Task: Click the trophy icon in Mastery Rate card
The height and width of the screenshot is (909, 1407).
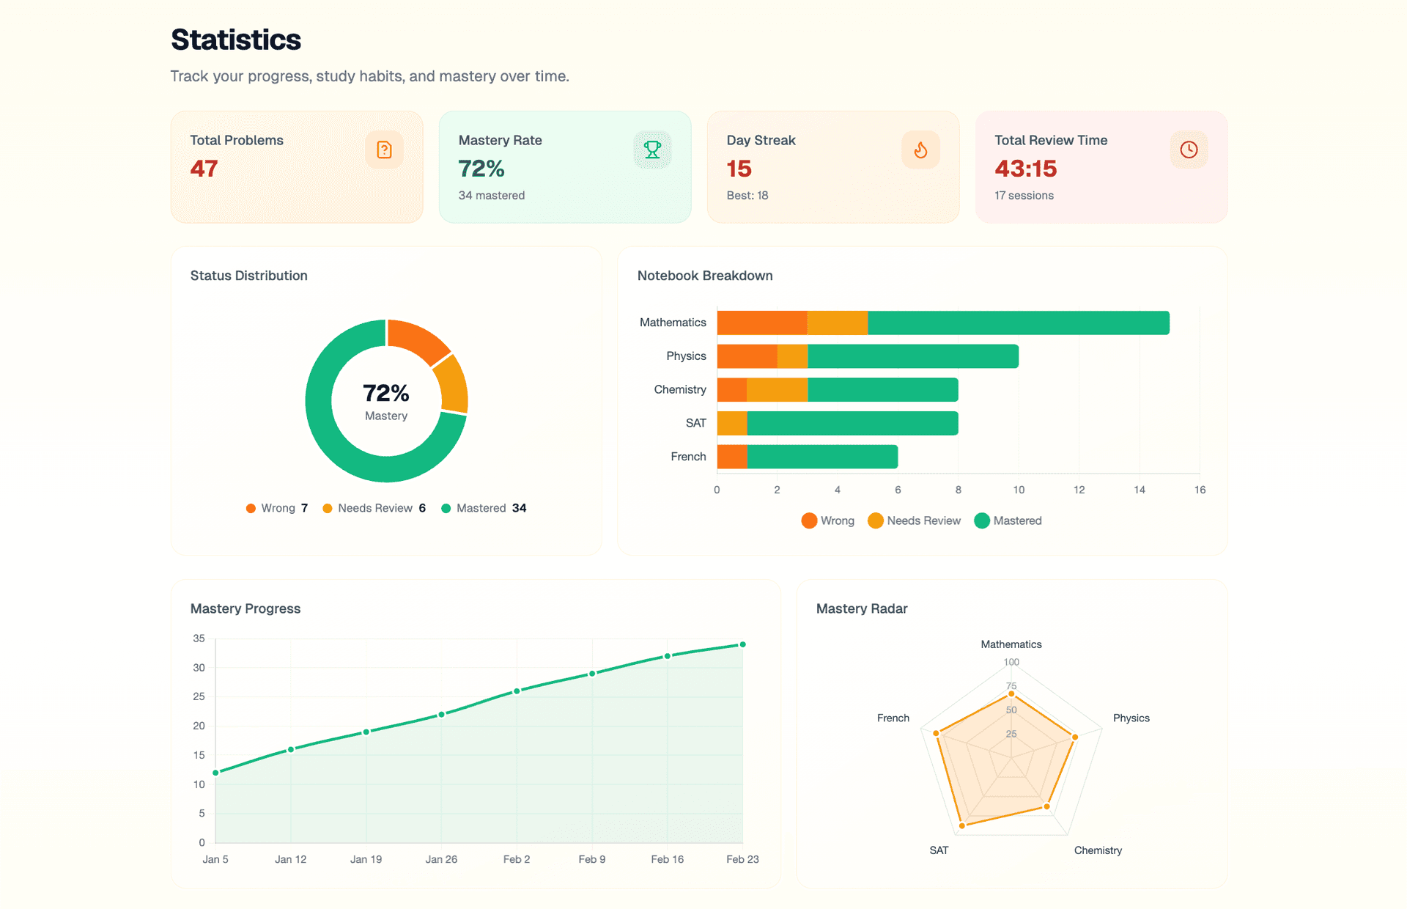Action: pyautogui.click(x=652, y=150)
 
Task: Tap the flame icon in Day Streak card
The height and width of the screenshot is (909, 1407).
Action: pyautogui.click(x=920, y=150)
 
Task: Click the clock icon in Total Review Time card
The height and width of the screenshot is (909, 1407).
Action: pyautogui.click(x=1189, y=150)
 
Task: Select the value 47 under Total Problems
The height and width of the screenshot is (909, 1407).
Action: pyautogui.click(x=204, y=169)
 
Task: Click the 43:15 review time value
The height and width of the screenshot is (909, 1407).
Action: pyautogui.click(x=1025, y=169)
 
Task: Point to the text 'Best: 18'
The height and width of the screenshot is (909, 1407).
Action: pyautogui.click(x=747, y=195)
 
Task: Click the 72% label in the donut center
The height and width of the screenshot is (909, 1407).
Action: pyautogui.click(x=386, y=393)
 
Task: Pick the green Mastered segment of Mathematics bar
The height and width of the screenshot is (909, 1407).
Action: pyautogui.click(x=1019, y=323)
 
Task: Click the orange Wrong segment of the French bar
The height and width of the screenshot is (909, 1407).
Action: pyautogui.click(x=731, y=457)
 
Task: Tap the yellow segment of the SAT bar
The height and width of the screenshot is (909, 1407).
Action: pyautogui.click(x=731, y=423)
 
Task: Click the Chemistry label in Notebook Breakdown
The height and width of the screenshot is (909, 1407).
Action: pyautogui.click(x=679, y=389)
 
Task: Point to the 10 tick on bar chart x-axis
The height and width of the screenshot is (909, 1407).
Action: pyautogui.click(x=1019, y=490)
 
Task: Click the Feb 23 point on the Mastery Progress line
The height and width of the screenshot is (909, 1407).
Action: pyautogui.click(x=742, y=644)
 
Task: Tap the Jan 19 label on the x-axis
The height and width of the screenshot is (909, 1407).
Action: pyautogui.click(x=366, y=859)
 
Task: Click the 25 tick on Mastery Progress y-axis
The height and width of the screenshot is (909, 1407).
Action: pyautogui.click(x=199, y=696)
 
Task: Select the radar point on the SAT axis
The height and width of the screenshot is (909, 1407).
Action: pyautogui.click(x=962, y=825)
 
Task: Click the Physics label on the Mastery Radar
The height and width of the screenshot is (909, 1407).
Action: pyautogui.click(x=1131, y=718)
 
